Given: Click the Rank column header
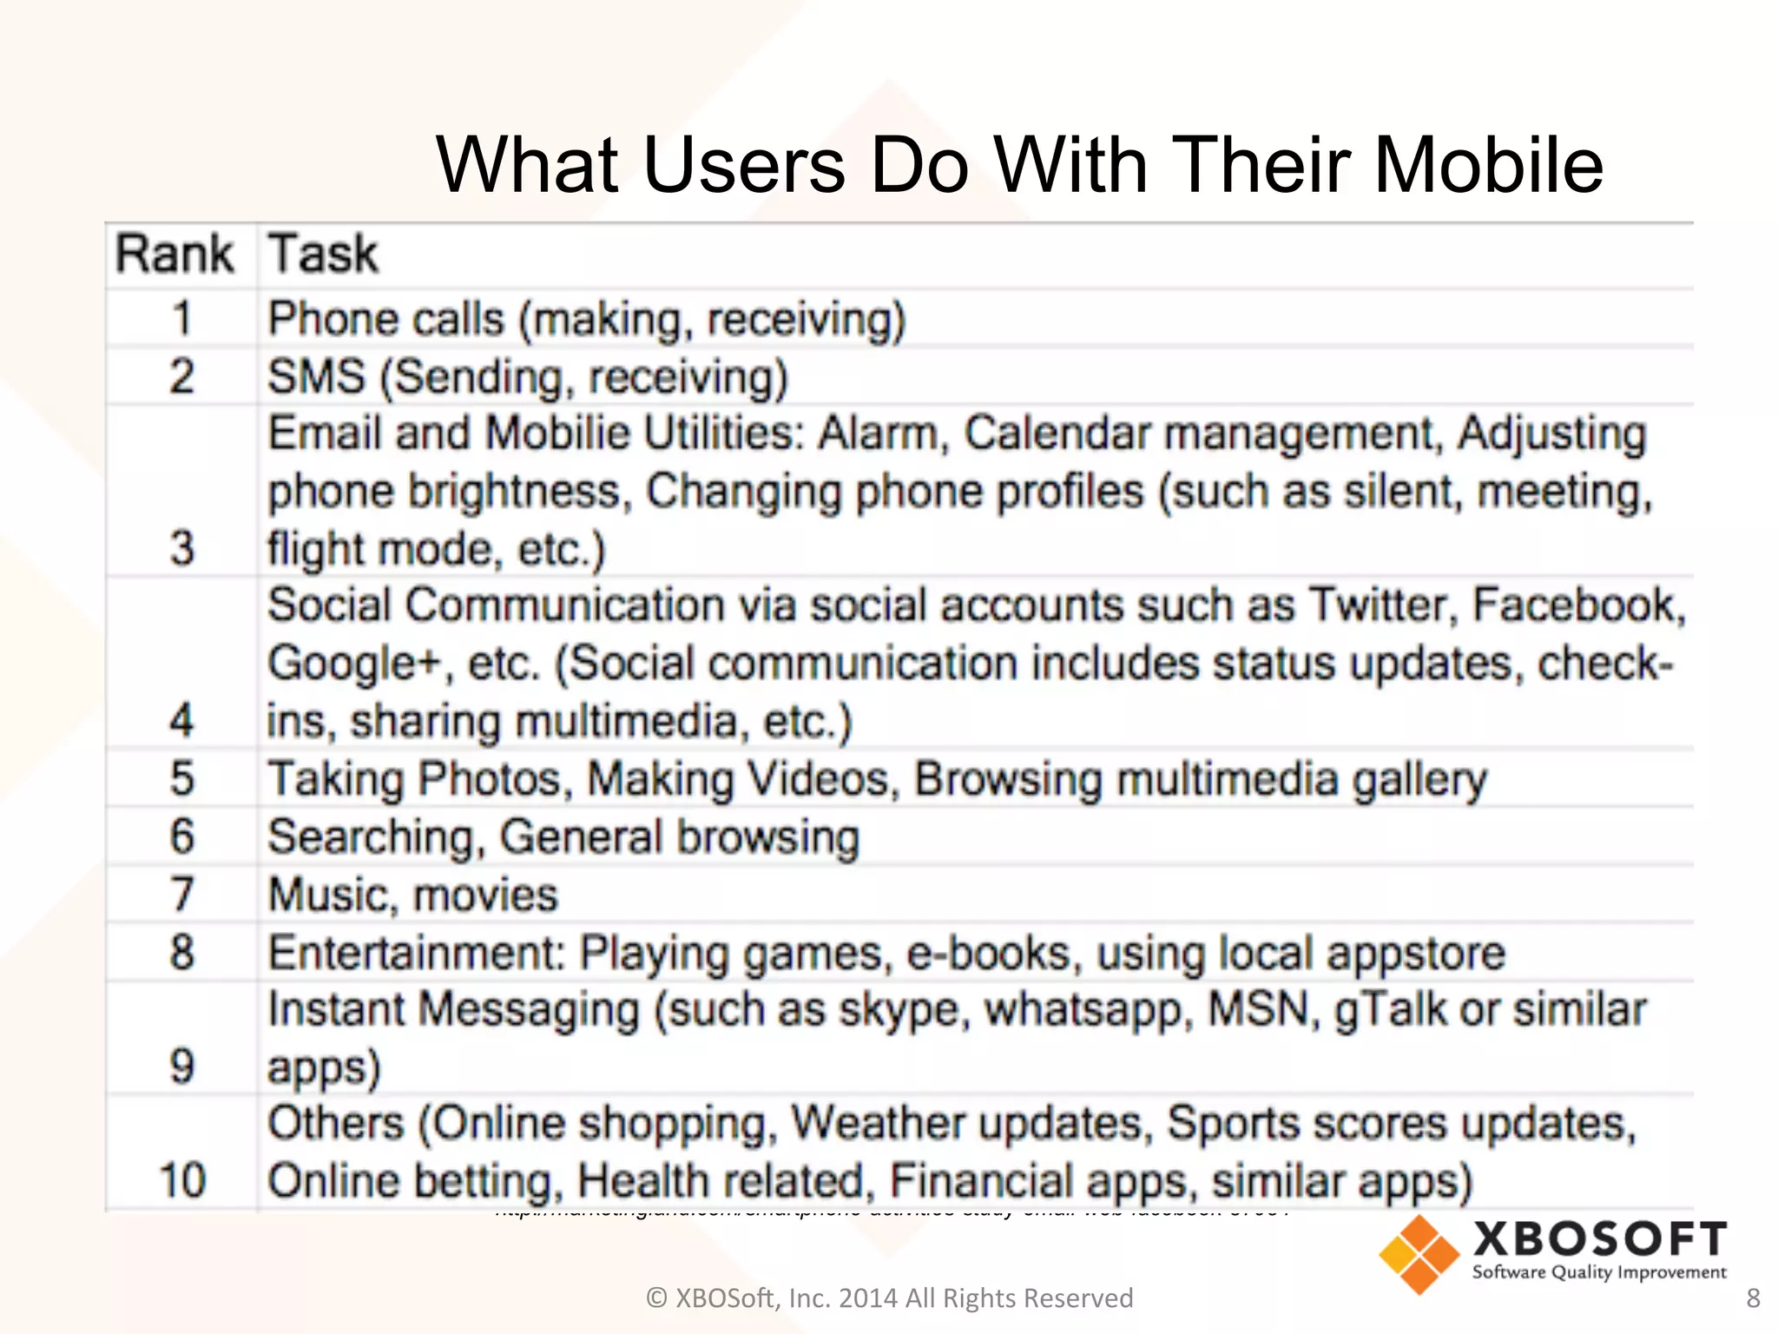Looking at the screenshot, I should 175,254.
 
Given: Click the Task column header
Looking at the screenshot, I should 323,254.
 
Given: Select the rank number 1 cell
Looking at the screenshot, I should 181,318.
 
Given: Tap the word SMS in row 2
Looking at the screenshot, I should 316,377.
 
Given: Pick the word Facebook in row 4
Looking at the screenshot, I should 1578,604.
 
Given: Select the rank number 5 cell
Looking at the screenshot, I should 181,778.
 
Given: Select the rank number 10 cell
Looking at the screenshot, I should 181,1181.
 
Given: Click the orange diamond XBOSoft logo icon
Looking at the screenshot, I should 1419,1254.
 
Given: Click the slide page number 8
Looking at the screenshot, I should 1753,1298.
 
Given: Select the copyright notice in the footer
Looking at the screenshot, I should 889,1298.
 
